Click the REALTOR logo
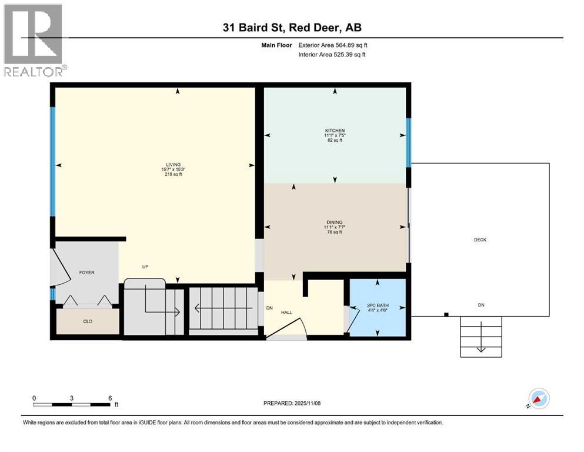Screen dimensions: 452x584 pyautogui.click(x=34, y=40)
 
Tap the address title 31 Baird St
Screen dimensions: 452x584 pyautogui.click(x=292, y=28)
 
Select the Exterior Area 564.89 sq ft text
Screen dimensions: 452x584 pyautogui.click(x=332, y=45)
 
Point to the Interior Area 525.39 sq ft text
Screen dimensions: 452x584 pyautogui.click(x=332, y=55)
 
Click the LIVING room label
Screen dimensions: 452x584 pyautogui.click(x=173, y=165)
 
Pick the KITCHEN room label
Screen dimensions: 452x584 pyautogui.click(x=335, y=131)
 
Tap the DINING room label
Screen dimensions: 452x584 pyautogui.click(x=335, y=222)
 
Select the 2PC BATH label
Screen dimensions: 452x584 pyautogui.click(x=377, y=305)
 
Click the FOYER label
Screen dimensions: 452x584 pyautogui.click(x=87, y=272)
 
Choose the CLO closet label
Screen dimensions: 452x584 pyautogui.click(x=87, y=322)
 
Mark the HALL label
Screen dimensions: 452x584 pyautogui.click(x=286, y=313)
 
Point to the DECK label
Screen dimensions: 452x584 pyautogui.click(x=480, y=240)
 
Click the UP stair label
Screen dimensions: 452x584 pyautogui.click(x=145, y=267)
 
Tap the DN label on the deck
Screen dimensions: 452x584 pyautogui.click(x=480, y=305)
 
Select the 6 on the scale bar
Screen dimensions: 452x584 pyautogui.click(x=109, y=398)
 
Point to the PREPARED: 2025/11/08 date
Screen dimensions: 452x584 pyautogui.click(x=292, y=403)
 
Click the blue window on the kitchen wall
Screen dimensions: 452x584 pyautogui.click(x=408, y=141)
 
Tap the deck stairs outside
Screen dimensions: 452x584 pyautogui.click(x=481, y=337)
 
